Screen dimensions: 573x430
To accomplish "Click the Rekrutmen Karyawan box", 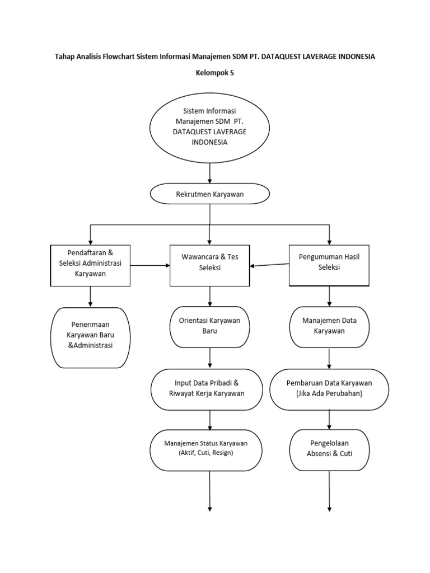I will [x=209, y=194].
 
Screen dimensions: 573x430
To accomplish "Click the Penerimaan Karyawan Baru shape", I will [x=90, y=337].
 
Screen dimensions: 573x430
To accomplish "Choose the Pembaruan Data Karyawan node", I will [x=329, y=388].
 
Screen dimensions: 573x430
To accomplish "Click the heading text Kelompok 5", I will [x=214, y=73].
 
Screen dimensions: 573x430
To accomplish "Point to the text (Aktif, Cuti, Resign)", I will [x=205, y=453].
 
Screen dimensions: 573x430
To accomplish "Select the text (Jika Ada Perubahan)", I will [x=329, y=393].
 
